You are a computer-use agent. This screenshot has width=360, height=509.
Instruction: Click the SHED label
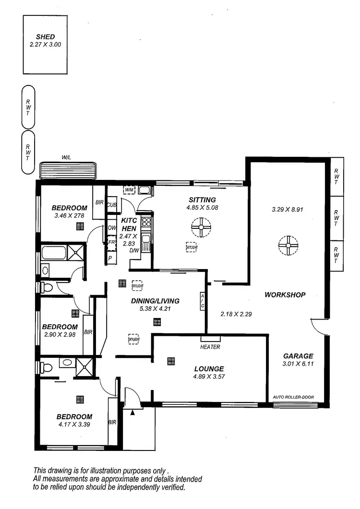(x=45, y=36)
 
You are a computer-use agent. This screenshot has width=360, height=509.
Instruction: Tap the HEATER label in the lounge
(x=210, y=346)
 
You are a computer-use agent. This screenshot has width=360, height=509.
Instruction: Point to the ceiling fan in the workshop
(x=288, y=245)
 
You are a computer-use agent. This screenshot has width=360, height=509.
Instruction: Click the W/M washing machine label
(x=129, y=190)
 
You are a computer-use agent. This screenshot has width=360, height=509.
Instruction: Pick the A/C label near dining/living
(x=203, y=301)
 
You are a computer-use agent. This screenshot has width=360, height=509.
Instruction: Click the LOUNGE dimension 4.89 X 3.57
(x=209, y=377)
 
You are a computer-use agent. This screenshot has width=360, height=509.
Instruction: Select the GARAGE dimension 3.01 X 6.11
(x=298, y=364)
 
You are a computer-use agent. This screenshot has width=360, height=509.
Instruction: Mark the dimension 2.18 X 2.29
(x=236, y=314)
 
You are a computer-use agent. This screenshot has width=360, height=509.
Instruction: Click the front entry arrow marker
(x=133, y=411)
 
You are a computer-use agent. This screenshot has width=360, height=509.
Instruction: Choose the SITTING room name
(x=202, y=200)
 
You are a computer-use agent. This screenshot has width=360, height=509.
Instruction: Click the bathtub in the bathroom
(x=54, y=253)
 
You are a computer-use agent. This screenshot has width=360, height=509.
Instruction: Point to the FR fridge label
(x=111, y=243)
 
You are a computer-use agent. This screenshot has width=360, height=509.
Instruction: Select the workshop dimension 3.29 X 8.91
(x=288, y=209)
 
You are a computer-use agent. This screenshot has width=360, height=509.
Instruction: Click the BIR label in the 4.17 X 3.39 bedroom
(x=112, y=423)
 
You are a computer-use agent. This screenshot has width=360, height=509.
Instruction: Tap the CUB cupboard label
(x=111, y=204)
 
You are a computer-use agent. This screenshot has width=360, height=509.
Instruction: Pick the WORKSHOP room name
(x=285, y=295)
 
